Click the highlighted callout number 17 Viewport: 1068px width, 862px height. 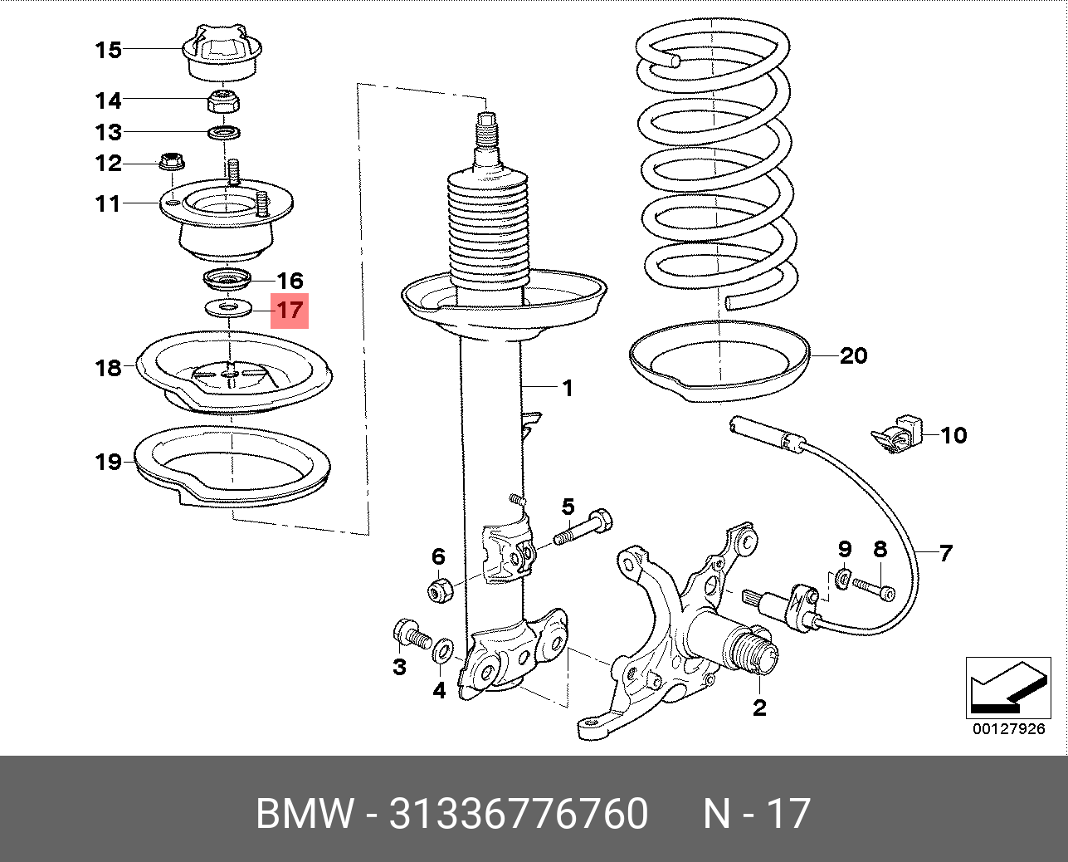tap(289, 311)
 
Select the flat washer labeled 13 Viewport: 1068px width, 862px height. tap(224, 132)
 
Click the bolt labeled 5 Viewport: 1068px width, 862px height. tap(584, 528)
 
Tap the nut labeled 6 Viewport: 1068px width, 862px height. tap(440, 590)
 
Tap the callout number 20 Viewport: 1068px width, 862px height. tap(853, 356)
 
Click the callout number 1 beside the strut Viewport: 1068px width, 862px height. tap(568, 388)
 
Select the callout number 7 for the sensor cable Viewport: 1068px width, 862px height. tap(946, 552)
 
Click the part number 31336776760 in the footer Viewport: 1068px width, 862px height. tap(519, 814)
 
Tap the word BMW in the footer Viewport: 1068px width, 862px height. tap(304, 814)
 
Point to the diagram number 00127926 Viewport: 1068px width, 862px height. tap(1008, 729)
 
